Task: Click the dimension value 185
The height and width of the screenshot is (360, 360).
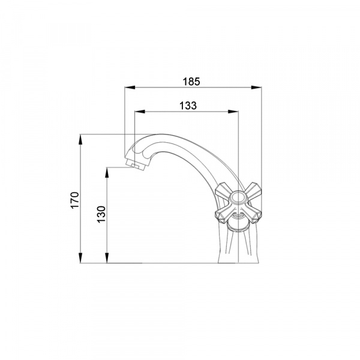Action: coord(191,82)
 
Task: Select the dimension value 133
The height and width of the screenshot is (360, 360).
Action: coord(188,106)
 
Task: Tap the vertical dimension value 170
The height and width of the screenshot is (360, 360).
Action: coord(75,200)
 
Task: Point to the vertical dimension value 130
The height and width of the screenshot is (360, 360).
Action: coord(101,214)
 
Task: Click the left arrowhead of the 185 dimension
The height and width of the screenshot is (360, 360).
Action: coord(130,87)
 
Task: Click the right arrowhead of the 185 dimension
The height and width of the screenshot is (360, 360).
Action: coord(256,87)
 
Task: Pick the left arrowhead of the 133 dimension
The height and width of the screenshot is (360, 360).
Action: coord(140,112)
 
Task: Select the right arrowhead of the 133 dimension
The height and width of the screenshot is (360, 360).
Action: coord(233,112)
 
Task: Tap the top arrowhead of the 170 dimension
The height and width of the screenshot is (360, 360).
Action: coord(80,139)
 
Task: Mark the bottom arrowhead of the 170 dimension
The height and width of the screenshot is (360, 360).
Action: coord(80,258)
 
